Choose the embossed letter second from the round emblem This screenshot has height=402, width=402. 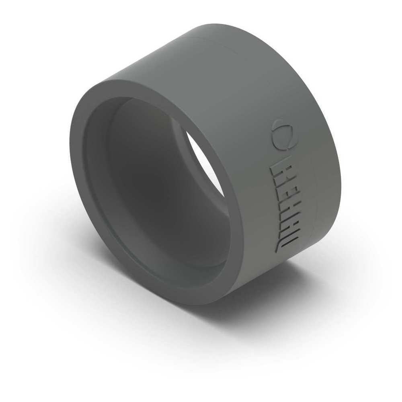[281, 189]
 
